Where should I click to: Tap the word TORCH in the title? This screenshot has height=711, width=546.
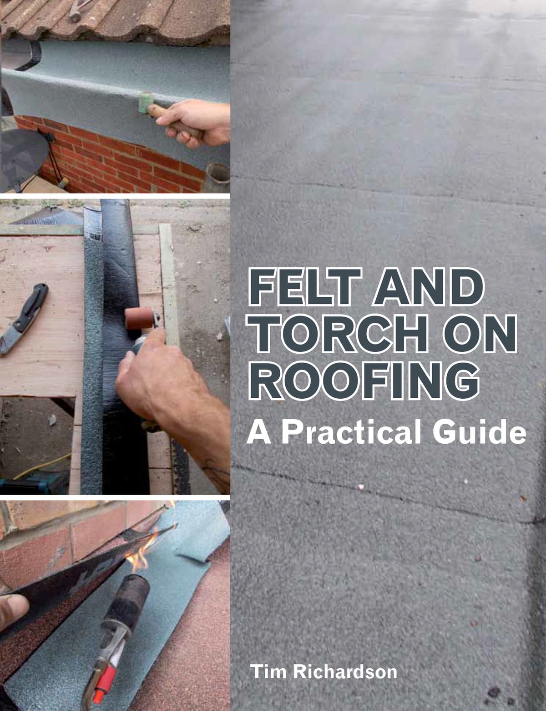[x=337, y=334]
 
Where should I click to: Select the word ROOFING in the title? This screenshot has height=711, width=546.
[x=364, y=381]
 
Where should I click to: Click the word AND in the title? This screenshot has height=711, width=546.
[x=428, y=286]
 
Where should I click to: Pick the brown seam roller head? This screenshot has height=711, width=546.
[x=139, y=318]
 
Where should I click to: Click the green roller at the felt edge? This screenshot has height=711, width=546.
[x=144, y=103]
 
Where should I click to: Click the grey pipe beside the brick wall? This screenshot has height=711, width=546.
[x=217, y=178]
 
